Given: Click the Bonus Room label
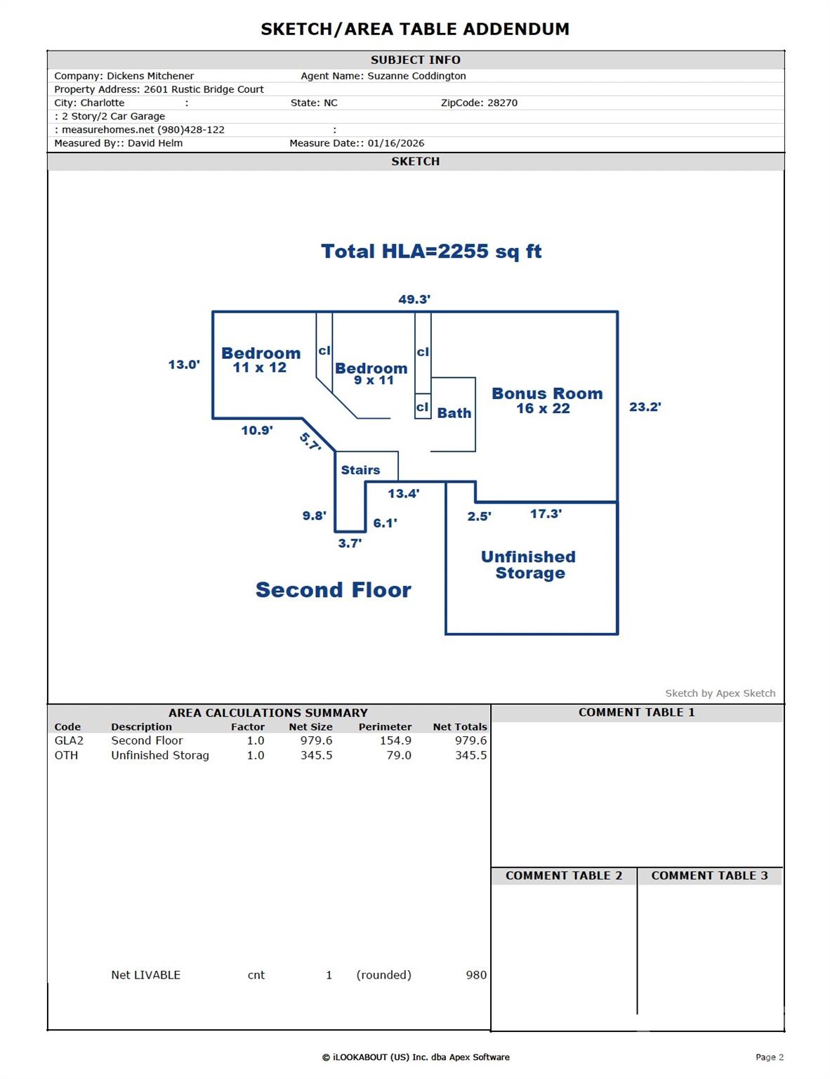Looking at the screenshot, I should [546, 400].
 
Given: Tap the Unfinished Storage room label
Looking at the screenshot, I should [529, 565].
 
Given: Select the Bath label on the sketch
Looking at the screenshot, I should [454, 413].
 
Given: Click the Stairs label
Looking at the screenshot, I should [360, 470].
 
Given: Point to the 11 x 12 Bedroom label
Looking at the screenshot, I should [261, 360].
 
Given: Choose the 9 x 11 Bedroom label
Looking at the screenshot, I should [371, 374].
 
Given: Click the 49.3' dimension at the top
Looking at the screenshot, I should [414, 299].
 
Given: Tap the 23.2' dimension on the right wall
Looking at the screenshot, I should [645, 407].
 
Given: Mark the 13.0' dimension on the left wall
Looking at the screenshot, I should [184, 365].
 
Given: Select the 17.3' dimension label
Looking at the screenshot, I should [546, 514].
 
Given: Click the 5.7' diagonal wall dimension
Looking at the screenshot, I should [310, 441].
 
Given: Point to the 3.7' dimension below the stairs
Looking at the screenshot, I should [350, 543].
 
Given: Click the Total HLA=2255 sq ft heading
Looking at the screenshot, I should [431, 251].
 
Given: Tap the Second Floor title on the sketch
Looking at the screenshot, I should [333, 590].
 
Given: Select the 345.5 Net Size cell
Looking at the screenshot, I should [316, 755].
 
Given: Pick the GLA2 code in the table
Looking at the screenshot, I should [69, 740].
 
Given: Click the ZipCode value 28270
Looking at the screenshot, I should [502, 103].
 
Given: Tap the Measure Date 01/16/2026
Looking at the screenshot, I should [396, 143].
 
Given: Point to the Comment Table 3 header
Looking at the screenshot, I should [709, 875].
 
